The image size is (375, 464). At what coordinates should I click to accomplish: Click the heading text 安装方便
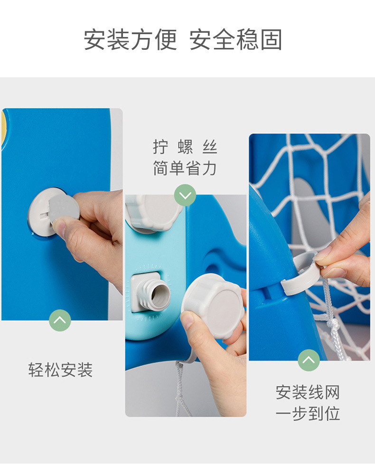coord(130,39)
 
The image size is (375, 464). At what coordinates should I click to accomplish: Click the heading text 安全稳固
coord(235,39)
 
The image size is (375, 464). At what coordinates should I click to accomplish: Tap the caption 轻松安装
coord(60,370)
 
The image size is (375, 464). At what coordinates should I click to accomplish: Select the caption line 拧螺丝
coord(185,147)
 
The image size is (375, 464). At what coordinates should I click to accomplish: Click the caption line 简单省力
coord(185,168)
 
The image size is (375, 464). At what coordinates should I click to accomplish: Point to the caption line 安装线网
coord(308,392)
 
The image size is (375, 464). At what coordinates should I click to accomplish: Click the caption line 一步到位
coord(308,413)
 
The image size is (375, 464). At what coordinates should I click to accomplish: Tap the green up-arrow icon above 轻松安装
coord(60,320)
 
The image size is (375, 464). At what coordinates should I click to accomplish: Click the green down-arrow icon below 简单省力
coord(185,195)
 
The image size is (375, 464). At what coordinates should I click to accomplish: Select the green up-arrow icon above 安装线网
coord(309,360)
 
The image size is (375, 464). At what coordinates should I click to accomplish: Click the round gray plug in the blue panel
coord(53,212)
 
